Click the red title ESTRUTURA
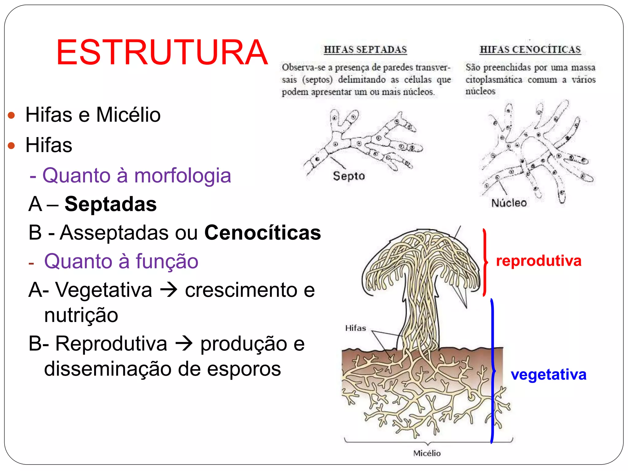click(162, 52)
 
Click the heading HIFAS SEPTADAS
click(365, 49)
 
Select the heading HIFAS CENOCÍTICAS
click(530, 49)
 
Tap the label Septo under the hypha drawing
click(349, 176)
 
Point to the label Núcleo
click(509, 203)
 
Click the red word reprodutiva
click(538, 261)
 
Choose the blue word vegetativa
click(548, 374)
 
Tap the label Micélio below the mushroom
click(427, 453)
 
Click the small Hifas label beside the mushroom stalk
click(355, 328)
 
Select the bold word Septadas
click(110, 204)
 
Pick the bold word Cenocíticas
click(262, 232)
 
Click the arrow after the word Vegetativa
click(169, 289)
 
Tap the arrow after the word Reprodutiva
click(184, 343)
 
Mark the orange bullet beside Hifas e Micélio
click(11, 115)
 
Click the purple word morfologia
click(182, 175)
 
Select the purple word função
click(167, 261)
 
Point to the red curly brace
click(485, 262)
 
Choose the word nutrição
click(81, 315)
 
